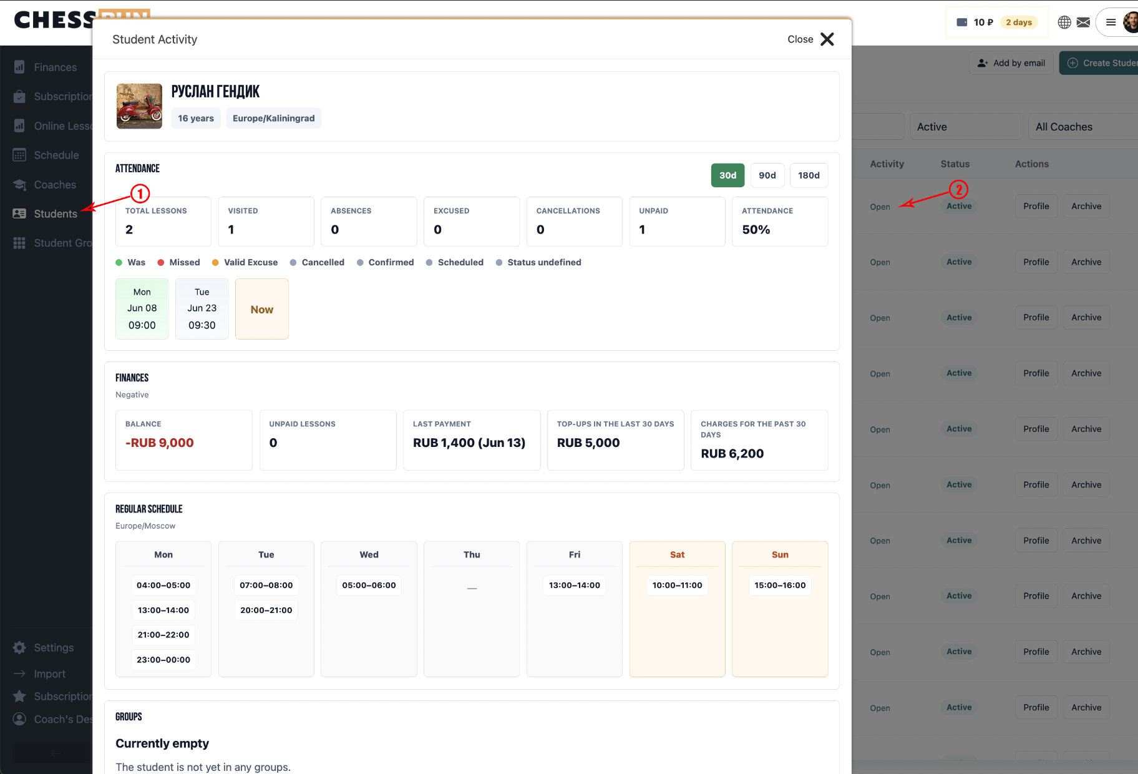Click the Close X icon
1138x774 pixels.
pos(827,39)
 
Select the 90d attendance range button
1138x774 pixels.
pos(767,175)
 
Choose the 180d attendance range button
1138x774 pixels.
pos(809,175)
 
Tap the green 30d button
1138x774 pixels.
pos(728,175)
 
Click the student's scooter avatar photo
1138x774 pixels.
pos(139,106)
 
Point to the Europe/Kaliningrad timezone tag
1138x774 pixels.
pos(274,118)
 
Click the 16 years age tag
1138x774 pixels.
pos(196,118)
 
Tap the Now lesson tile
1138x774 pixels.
pos(262,309)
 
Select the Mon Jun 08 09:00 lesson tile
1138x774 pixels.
pos(142,309)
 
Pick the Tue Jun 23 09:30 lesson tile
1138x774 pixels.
pos(202,309)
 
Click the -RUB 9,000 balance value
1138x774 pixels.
pos(160,443)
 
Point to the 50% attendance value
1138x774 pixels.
pos(756,230)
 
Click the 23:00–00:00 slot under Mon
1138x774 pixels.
pos(163,660)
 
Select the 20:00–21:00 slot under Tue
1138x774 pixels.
pos(266,610)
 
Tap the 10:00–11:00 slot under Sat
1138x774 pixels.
pos(678,585)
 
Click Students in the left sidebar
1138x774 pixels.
pos(56,213)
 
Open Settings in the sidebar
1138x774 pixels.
pos(54,648)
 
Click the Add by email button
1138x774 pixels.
pos(1011,63)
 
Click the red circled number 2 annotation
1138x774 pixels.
pos(958,189)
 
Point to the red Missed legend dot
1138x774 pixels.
pos(161,262)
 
